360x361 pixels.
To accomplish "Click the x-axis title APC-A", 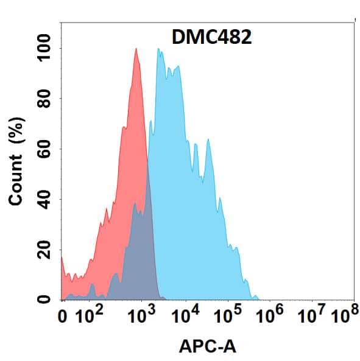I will pos(208,346).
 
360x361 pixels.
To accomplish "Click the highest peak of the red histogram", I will pos(135,49).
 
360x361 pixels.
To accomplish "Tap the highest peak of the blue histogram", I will pos(158,49).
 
